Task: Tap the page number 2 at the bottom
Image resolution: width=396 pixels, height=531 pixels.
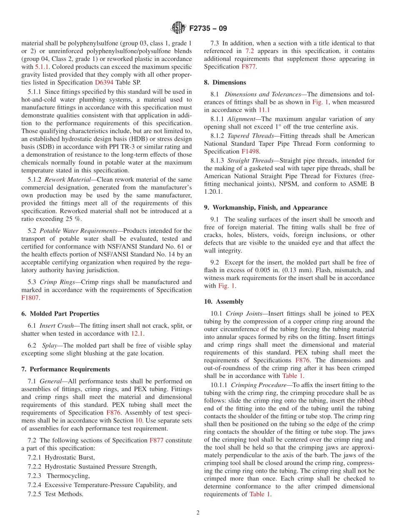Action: click(x=198, y=513)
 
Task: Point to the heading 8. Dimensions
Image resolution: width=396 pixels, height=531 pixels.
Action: click(x=225, y=82)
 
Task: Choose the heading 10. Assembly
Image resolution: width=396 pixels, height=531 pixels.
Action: click(x=224, y=301)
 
